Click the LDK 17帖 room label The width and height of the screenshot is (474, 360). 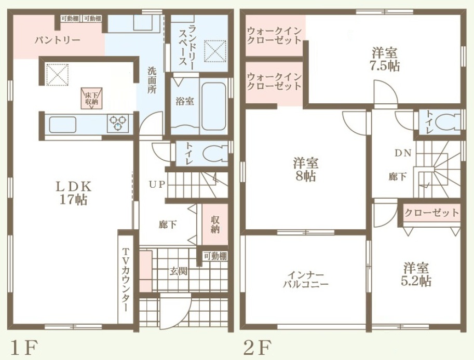(x=73, y=193)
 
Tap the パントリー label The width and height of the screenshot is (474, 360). (x=57, y=40)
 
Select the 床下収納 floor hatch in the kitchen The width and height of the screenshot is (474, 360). (x=92, y=98)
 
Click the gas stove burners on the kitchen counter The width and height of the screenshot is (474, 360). (x=118, y=124)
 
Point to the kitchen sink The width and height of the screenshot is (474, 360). (x=63, y=124)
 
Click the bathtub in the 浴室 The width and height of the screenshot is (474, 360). (x=214, y=106)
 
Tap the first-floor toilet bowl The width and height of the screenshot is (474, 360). (x=214, y=154)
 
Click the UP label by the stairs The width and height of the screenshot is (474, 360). (x=157, y=184)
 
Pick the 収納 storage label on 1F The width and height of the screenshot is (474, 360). (x=215, y=225)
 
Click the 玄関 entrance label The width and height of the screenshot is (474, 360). (x=178, y=271)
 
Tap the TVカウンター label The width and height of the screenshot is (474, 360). (x=126, y=280)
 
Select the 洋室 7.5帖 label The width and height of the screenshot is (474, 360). (x=385, y=59)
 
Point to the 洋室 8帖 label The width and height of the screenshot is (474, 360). (x=305, y=170)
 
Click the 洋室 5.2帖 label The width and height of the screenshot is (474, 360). (x=416, y=274)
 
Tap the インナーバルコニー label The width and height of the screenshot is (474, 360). (x=306, y=280)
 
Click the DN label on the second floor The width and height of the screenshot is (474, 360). (x=403, y=153)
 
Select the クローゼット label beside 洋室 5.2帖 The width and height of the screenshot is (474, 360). (x=431, y=213)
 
